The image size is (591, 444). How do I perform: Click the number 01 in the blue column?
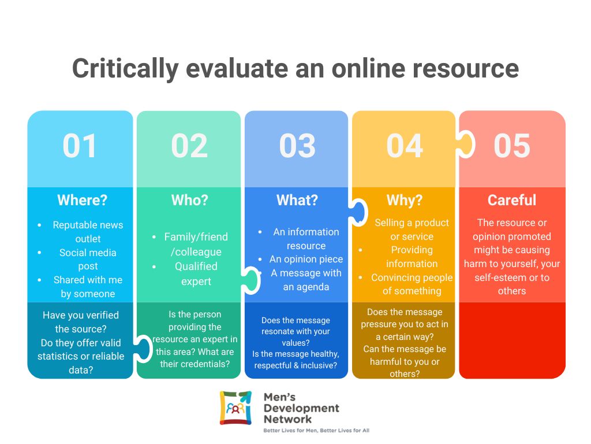80,146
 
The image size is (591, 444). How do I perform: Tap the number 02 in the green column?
189,146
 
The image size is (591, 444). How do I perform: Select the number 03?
297,146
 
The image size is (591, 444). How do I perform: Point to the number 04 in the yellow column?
405,146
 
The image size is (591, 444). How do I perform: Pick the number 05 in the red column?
512,146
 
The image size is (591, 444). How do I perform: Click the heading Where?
82,200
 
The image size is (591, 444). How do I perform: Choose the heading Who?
189,200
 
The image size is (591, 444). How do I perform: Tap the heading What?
297,200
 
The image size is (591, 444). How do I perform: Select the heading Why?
405,200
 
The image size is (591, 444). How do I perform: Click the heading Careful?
512,200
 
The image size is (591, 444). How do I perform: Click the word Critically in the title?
125,69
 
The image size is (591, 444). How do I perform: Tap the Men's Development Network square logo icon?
235,408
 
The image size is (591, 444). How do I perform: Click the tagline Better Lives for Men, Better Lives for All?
316,430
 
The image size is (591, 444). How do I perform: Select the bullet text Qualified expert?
196,273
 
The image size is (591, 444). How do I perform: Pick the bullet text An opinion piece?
306,260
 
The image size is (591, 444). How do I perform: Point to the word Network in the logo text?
287,419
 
